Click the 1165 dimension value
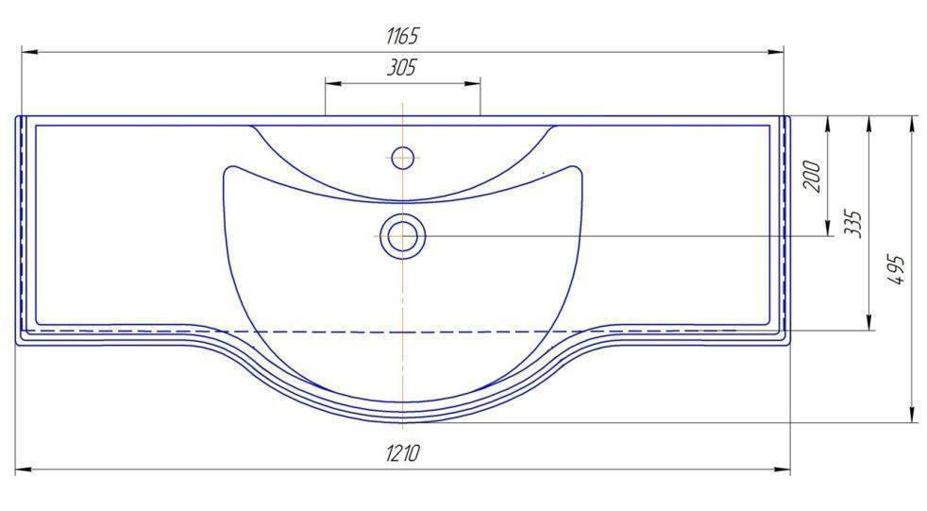(x=402, y=36)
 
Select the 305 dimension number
(x=402, y=67)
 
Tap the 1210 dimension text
(x=402, y=453)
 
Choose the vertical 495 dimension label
(x=897, y=270)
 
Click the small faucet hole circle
(x=402, y=158)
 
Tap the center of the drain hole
(x=402, y=236)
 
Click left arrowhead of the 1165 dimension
(x=29, y=52)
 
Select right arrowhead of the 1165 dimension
(x=775, y=52)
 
